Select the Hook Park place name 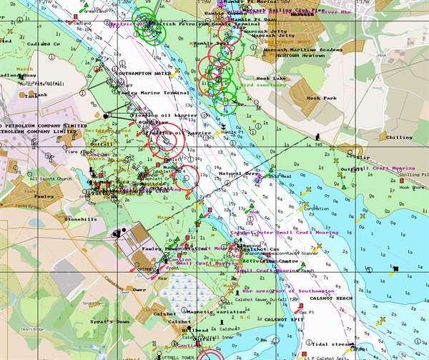(x=321, y=98)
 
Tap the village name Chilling (x=399, y=137)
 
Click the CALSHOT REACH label (x=334, y=298)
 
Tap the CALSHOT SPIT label (x=283, y=319)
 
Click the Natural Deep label (x=239, y=173)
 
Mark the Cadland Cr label (x=45, y=44)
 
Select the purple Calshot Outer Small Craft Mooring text (x=284, y=233)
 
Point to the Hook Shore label (x=412, y=187)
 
